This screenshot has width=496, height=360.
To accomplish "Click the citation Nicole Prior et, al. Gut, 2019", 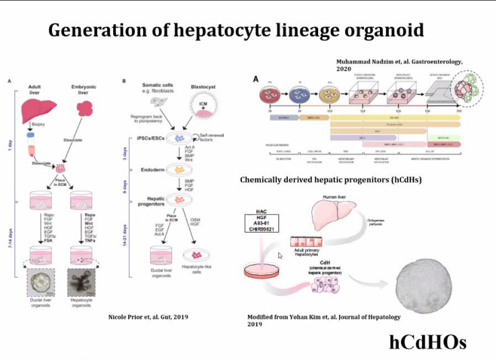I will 144,316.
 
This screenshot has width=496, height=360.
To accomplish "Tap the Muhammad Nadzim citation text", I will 400,65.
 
